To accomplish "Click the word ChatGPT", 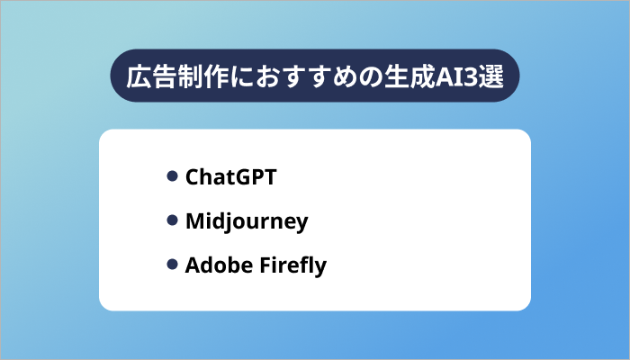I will click(230, 177).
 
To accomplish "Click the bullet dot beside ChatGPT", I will click(172, 176).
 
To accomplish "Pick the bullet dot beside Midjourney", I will click(172, 220).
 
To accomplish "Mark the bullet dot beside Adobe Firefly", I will click(172, 265).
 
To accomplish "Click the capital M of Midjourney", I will click(194, 221).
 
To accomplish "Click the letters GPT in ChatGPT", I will click(255, 177).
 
